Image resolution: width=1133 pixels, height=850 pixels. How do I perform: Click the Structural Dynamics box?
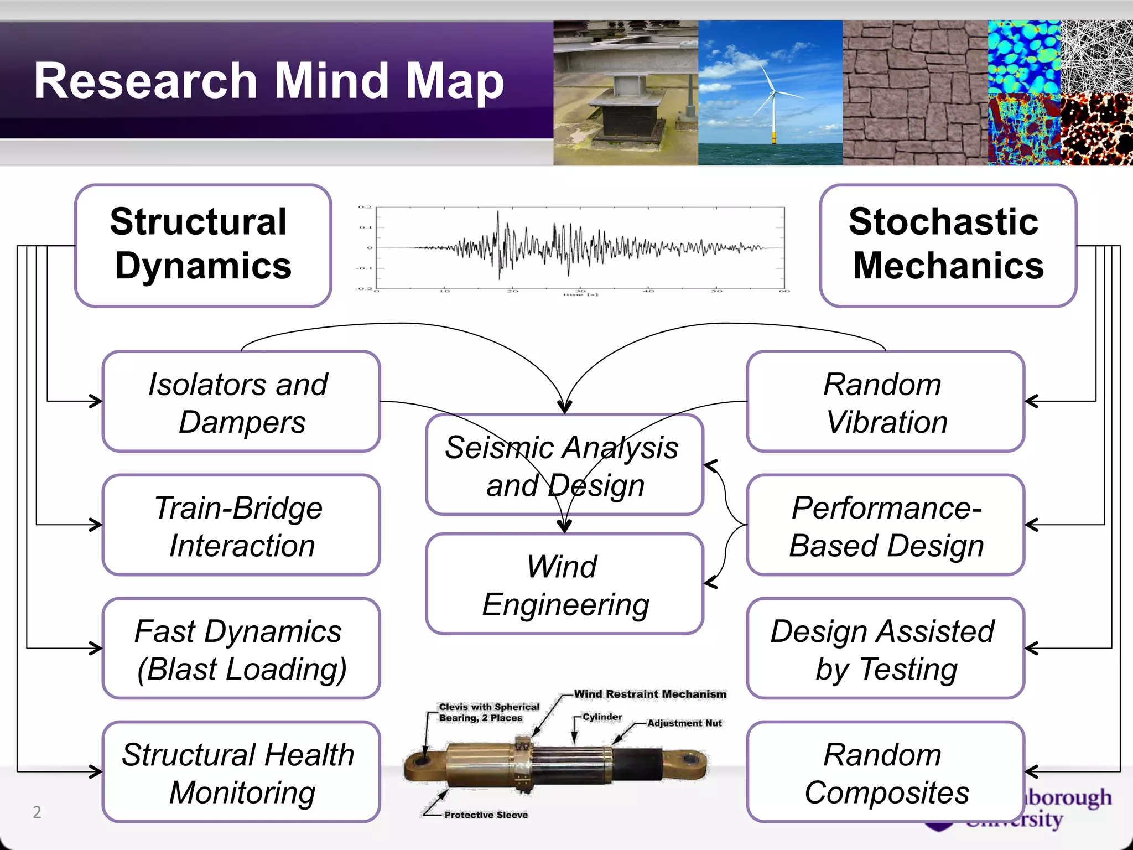(x=203, y=245)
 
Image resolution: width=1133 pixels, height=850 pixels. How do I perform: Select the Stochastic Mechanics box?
(x=948, y=245)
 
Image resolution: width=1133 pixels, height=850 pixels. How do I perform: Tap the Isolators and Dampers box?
(x=241, y=402)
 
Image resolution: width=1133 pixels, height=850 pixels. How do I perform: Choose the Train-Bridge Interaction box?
(x=241, y=525)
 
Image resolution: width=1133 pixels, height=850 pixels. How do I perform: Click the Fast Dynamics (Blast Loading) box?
(x=241, y=649)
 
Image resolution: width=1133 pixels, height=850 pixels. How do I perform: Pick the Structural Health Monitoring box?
(x=241, y=772)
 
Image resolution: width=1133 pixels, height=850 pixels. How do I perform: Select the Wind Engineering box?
(x=564, y=584)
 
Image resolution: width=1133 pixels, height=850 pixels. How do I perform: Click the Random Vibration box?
(x=885, y=402)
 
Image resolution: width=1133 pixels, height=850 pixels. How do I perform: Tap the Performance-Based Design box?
(x=885, y=525)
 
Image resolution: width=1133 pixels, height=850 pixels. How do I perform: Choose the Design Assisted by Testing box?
(x=885, y=649)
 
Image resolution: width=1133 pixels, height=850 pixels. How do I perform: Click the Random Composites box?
(x=885, y=772)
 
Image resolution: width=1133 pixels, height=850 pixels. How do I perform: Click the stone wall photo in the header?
(x=915, y=93)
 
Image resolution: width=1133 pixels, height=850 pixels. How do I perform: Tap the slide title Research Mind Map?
(x=269, y=81)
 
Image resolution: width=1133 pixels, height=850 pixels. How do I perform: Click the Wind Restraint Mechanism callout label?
(x=650, y=694)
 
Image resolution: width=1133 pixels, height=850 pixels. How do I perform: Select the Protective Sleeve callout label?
(x=486, y=815)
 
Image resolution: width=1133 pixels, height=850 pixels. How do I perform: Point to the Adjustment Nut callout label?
(x=684, y=723)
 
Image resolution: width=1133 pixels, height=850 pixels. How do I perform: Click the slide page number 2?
(x=37, y=812)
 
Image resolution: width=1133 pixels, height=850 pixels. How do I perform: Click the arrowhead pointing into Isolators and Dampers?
(x=97, y=401)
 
